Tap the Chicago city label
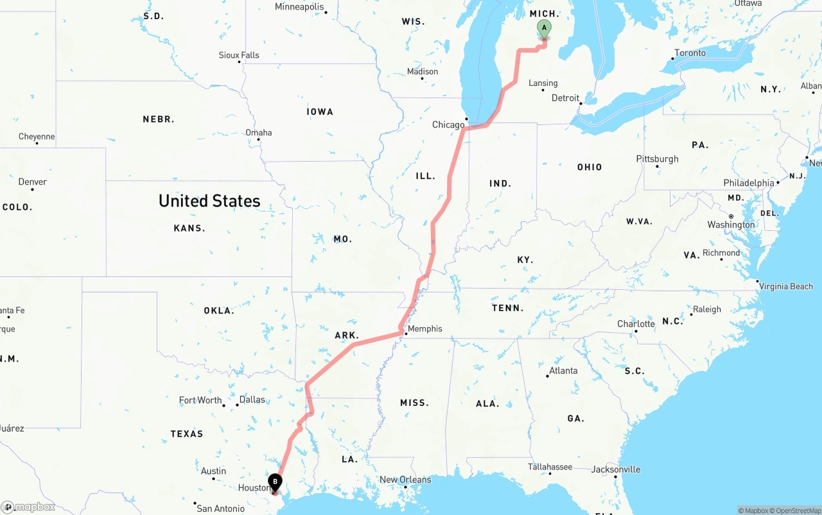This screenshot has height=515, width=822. pyautogui.click(x=448, y=124)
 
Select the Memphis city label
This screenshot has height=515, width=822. pyautogui.click(x=425, y=328)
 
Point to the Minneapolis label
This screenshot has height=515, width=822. pyautogui.click(x=299, y=7)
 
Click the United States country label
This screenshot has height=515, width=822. pyautogui.click(x=209, y=201)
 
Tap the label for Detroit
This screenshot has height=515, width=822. pyautogui.click(x=565, y=98)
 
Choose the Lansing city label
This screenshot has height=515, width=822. pyautogui.click(x=543, y=83)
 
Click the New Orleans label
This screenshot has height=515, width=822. pyautogui.click(x=405, y=479)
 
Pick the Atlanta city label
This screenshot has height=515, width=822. pyautogui.click(x=563, y=370)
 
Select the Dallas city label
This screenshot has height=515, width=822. pyautogui.click(x=252, y=400)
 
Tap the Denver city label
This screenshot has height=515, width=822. pyautogui.click(x=33, y=182)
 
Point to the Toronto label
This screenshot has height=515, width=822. pyautogui.click(x=690, y=53)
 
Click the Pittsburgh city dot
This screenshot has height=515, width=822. pyautogui.click(x=657, y=166)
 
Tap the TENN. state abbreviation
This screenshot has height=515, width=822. pyautogui.click(x=507, y=308)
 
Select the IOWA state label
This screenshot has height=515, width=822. pyautogui.click(x=320, y=112)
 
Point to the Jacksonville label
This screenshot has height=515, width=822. pyautogui.click(x=616, y=469)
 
